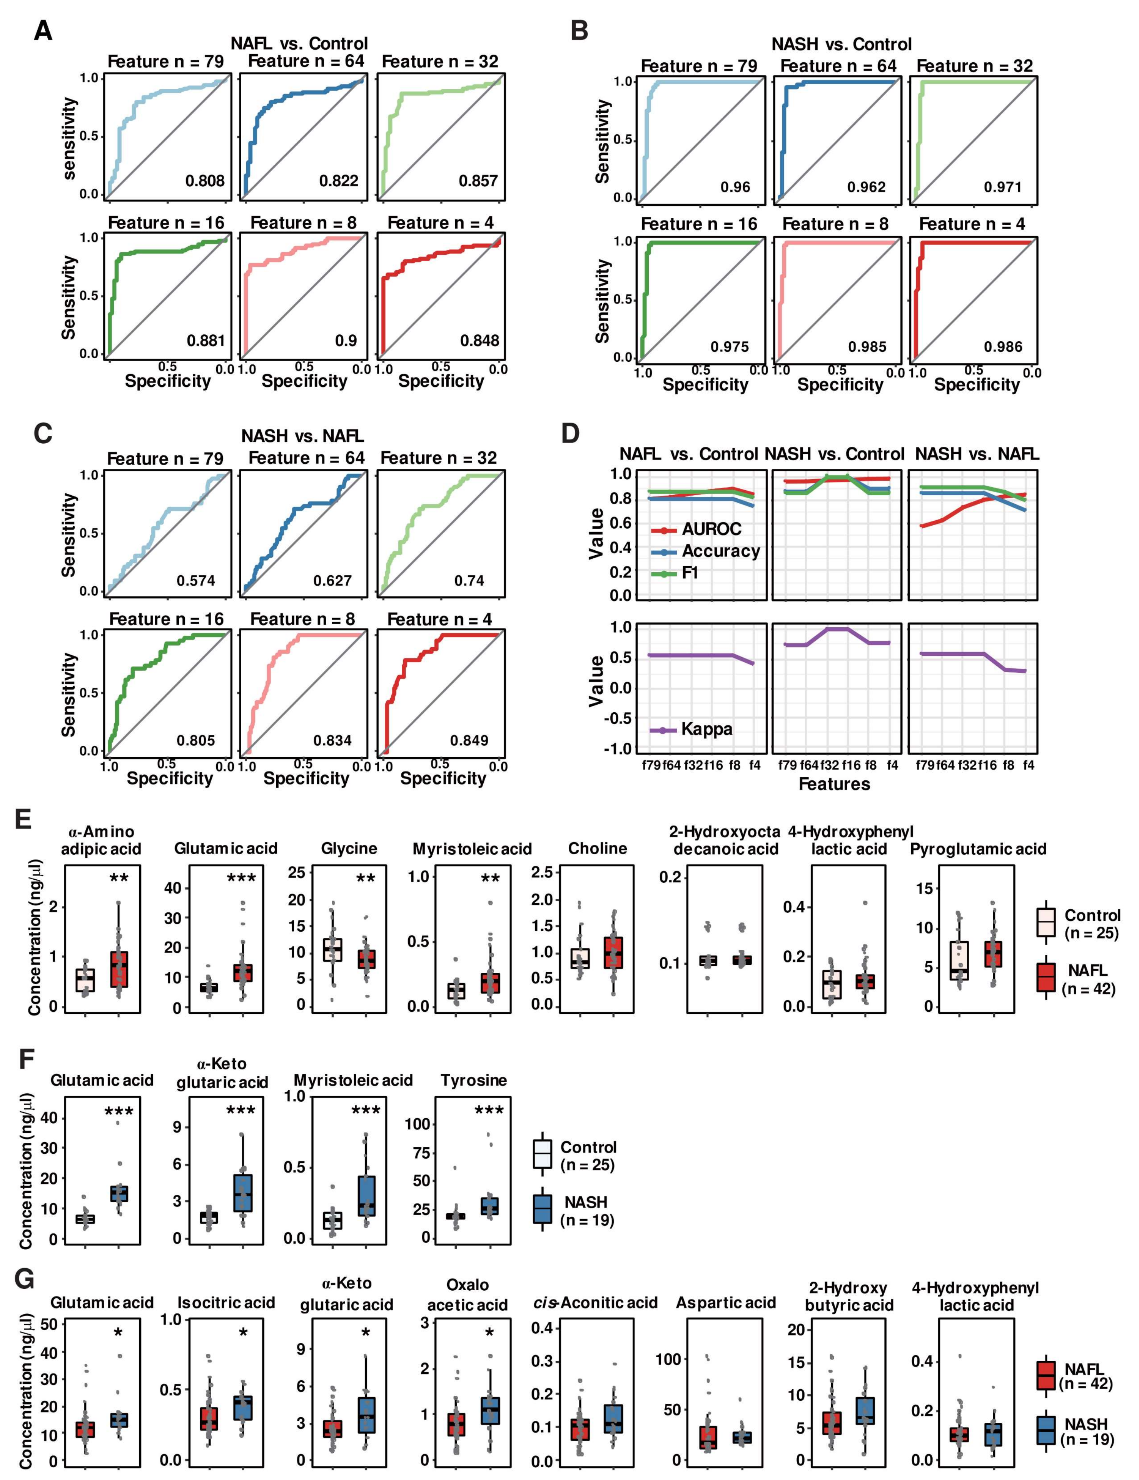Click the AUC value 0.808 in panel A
click(205, 181)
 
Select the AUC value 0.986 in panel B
click(1003, 347)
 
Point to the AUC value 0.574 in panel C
click(196, 581)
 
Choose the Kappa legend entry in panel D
click(706, 730)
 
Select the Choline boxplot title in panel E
click(597, 849)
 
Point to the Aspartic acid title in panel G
click(726, 1303)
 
